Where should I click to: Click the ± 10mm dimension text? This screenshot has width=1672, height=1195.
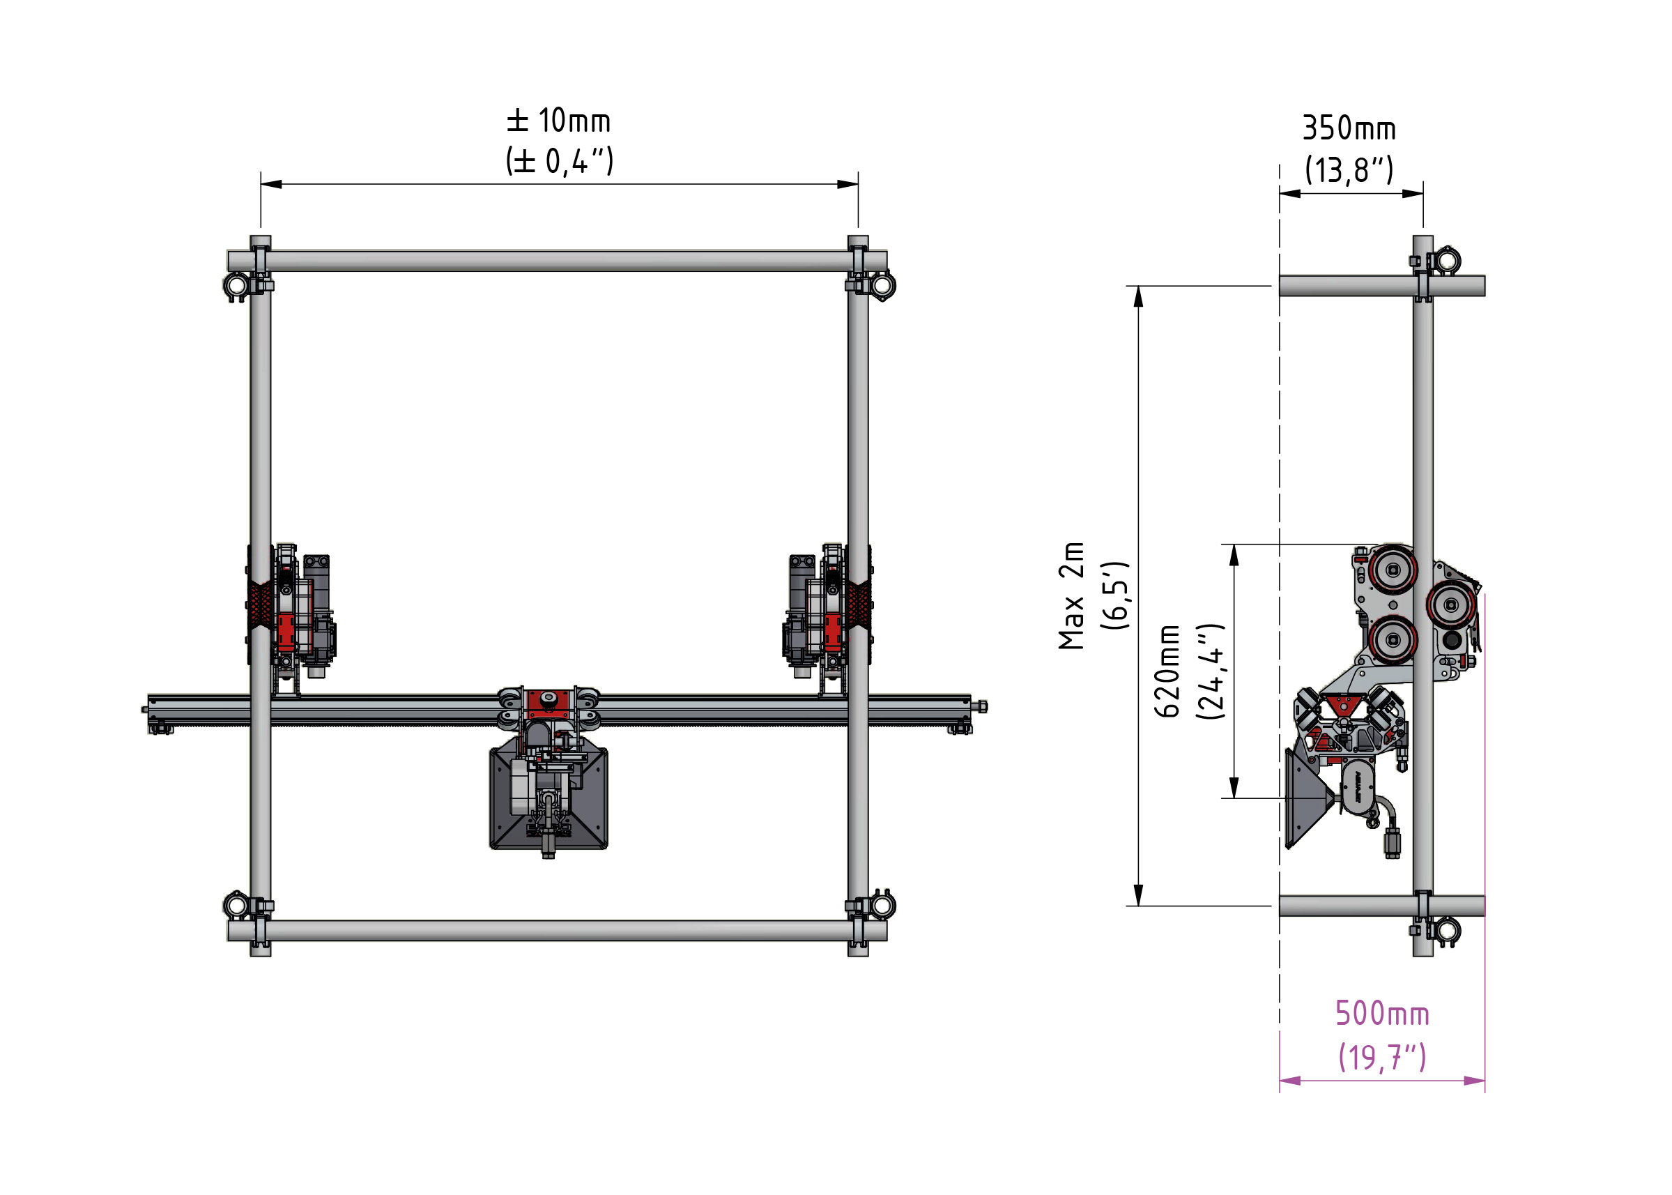point(558,121)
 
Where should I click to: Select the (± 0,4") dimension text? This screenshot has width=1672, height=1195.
point(559,160)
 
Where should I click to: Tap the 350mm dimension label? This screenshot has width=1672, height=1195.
point(1349,128)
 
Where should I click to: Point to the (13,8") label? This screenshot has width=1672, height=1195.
point(1349,170)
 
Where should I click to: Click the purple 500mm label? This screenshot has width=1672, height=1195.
point(1382,1013)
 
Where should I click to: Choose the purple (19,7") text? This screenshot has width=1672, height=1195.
point(1382,1057)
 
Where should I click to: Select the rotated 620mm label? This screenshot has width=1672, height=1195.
point(1167,671)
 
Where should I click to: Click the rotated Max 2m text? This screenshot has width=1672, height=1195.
point(1072,595)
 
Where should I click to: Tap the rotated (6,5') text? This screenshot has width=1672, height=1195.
point(1114,595)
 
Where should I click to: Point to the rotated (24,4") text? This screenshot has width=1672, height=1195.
point(1210,671)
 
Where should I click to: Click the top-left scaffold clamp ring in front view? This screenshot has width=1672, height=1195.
point(237,286)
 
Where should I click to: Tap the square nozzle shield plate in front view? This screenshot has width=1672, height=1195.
point(548,800)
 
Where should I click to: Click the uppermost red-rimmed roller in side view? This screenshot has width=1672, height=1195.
point(1393,570)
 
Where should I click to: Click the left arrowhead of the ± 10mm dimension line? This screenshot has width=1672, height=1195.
point(270,184)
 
